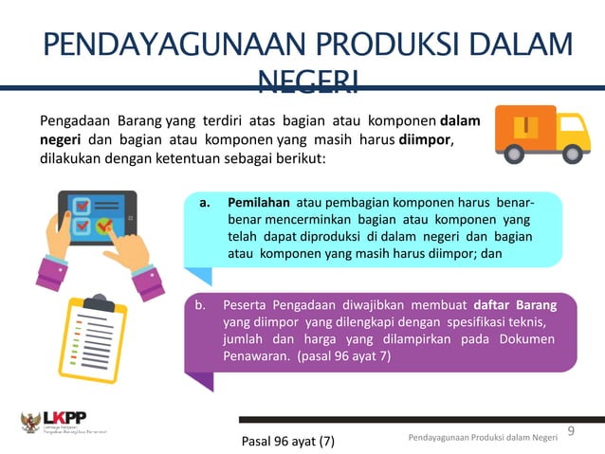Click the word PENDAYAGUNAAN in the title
coord(156,47)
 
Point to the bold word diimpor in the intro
coord(423,140)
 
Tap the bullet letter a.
coord(204,204)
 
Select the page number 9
coord(571,432)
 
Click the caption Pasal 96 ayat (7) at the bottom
coord(288,441)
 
